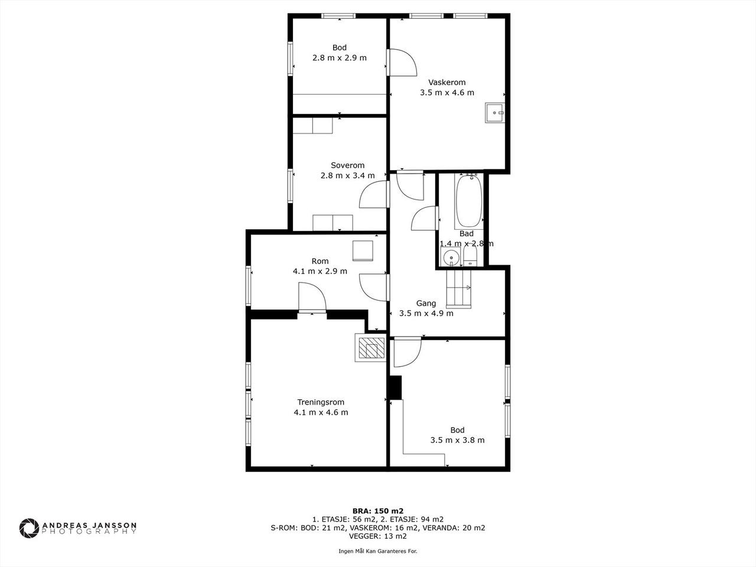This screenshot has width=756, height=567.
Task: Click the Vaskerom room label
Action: coord(447,82)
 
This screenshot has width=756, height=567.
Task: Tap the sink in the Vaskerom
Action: coord(494,113)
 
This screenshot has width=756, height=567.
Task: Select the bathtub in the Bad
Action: coord(469,201)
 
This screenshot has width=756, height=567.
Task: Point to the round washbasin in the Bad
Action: coord(451,257)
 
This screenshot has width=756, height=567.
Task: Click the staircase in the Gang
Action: coord(459,288)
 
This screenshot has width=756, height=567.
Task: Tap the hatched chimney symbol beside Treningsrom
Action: coord(372,348)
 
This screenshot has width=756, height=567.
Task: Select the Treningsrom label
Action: coord(321,402)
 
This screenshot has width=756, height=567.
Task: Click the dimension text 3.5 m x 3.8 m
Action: coord(457,440)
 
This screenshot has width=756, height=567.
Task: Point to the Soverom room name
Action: coord(347,165)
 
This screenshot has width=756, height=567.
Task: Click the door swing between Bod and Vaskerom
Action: coord(402,63)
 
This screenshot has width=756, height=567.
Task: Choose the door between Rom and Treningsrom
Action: coord(312,298)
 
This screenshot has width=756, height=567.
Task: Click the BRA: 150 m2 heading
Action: coord(378,511)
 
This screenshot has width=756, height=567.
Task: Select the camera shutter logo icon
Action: coord(29,528)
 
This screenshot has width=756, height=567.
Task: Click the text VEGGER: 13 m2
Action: coord(378,536)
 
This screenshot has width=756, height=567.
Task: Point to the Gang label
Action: coord(426,304)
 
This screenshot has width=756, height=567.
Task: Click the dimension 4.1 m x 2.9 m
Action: coord(320,271)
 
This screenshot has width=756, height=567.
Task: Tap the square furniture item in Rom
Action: coord(363,250)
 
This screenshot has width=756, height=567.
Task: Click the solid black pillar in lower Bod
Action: coord(395,387)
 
